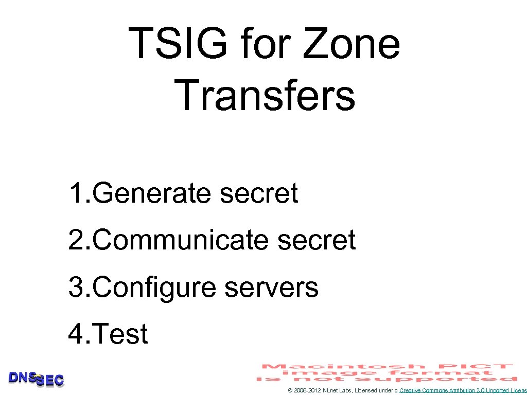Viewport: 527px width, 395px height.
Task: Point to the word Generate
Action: [x=153, y=193]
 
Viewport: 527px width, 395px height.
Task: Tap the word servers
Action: [x=272, y=287]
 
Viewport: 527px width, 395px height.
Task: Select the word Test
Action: [x=121, y=334]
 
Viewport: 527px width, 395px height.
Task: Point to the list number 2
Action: [x=76, y=240]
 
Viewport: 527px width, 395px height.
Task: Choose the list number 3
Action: [x=76, y=287]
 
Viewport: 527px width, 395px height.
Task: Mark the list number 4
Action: [x=76, y=334]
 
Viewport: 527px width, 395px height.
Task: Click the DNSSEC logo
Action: [x=36, y=379]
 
